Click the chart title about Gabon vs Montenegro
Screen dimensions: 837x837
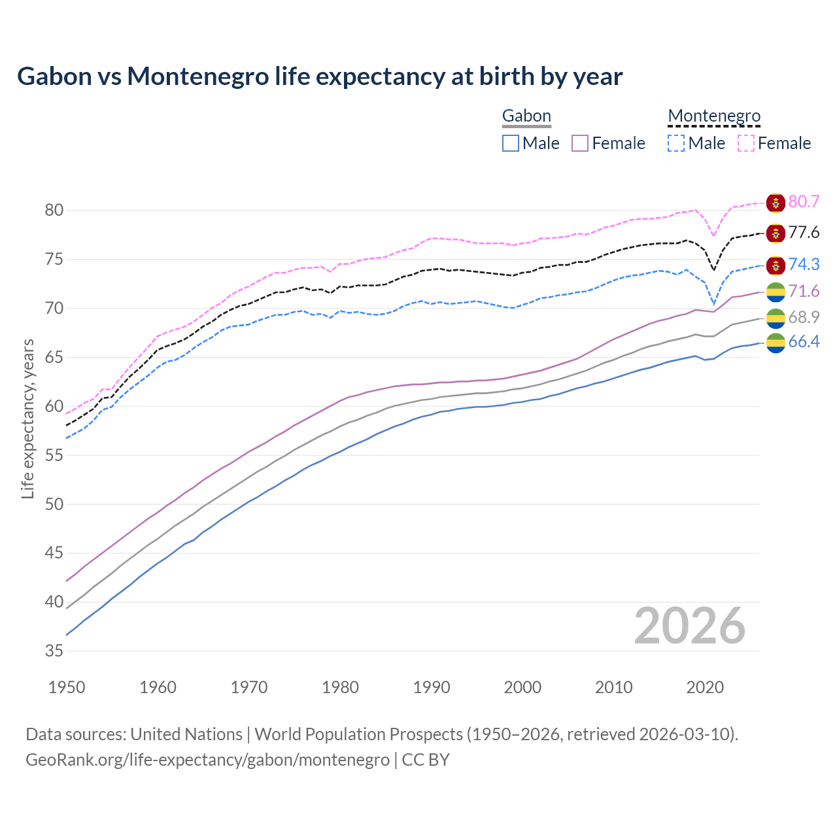click(320, 77)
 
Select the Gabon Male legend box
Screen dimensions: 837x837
click(511, 143)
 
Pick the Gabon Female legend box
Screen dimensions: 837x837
click(580, 143)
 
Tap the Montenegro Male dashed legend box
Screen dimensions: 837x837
click(676, 143)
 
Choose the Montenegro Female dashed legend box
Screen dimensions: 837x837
click(745, 143)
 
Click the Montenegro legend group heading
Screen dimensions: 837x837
click(714, 116)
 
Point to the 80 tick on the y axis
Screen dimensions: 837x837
click(54, 211)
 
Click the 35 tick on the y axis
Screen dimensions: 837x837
click(54, 651)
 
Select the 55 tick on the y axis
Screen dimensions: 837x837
click(54, 455)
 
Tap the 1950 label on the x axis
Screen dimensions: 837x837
click(67, 687)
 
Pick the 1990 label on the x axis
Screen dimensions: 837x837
click(432, 687)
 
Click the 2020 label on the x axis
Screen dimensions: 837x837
click(705, 687)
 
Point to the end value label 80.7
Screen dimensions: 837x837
click(804, 201)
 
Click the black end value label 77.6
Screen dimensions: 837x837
click(804, 233)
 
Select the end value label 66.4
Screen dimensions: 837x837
click(804, 341)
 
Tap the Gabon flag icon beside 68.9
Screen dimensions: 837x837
click(776, 318)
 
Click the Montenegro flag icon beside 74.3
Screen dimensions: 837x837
click(776, 265)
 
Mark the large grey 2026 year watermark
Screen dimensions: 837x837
click(690, 626)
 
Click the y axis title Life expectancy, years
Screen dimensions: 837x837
click(27, 418)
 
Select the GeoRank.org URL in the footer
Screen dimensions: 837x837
click(207, 760)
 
